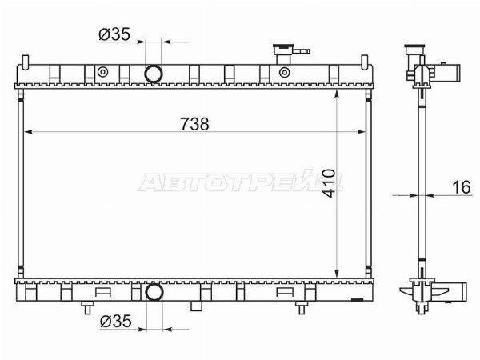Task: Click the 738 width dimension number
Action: click(x=194, y=124)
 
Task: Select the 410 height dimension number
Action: click(x=329, y=182)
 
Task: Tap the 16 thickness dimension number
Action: click(x=461, y=187)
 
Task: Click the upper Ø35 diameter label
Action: click(x=114, y=34)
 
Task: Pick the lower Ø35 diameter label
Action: click(x=116, y=321)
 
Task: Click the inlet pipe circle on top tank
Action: click(x=153, y=74)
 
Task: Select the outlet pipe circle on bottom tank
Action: click(x=154, y=292)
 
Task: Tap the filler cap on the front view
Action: click(x=283, y=50)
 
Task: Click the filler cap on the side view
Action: click(x=414, y=50)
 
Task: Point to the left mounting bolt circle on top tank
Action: click(x=102, y=72)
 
